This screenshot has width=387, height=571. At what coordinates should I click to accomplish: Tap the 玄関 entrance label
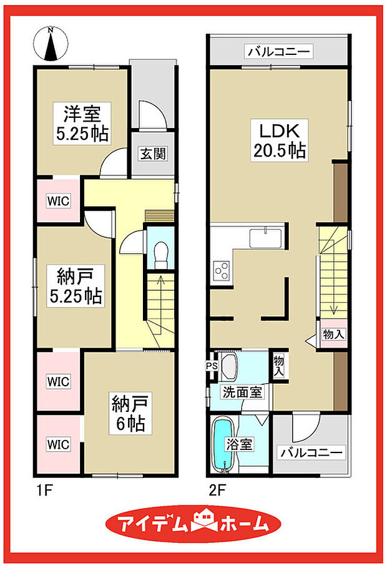coord(152,154)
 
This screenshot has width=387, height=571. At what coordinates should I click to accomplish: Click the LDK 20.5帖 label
coord(279,141)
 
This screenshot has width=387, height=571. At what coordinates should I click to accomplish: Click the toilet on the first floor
coord(160,251)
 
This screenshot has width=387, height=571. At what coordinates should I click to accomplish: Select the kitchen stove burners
coord(222,270)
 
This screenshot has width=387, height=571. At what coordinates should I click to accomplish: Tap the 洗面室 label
coord(243,393)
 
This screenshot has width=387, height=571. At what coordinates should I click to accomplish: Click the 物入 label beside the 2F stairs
coord(333,335)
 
